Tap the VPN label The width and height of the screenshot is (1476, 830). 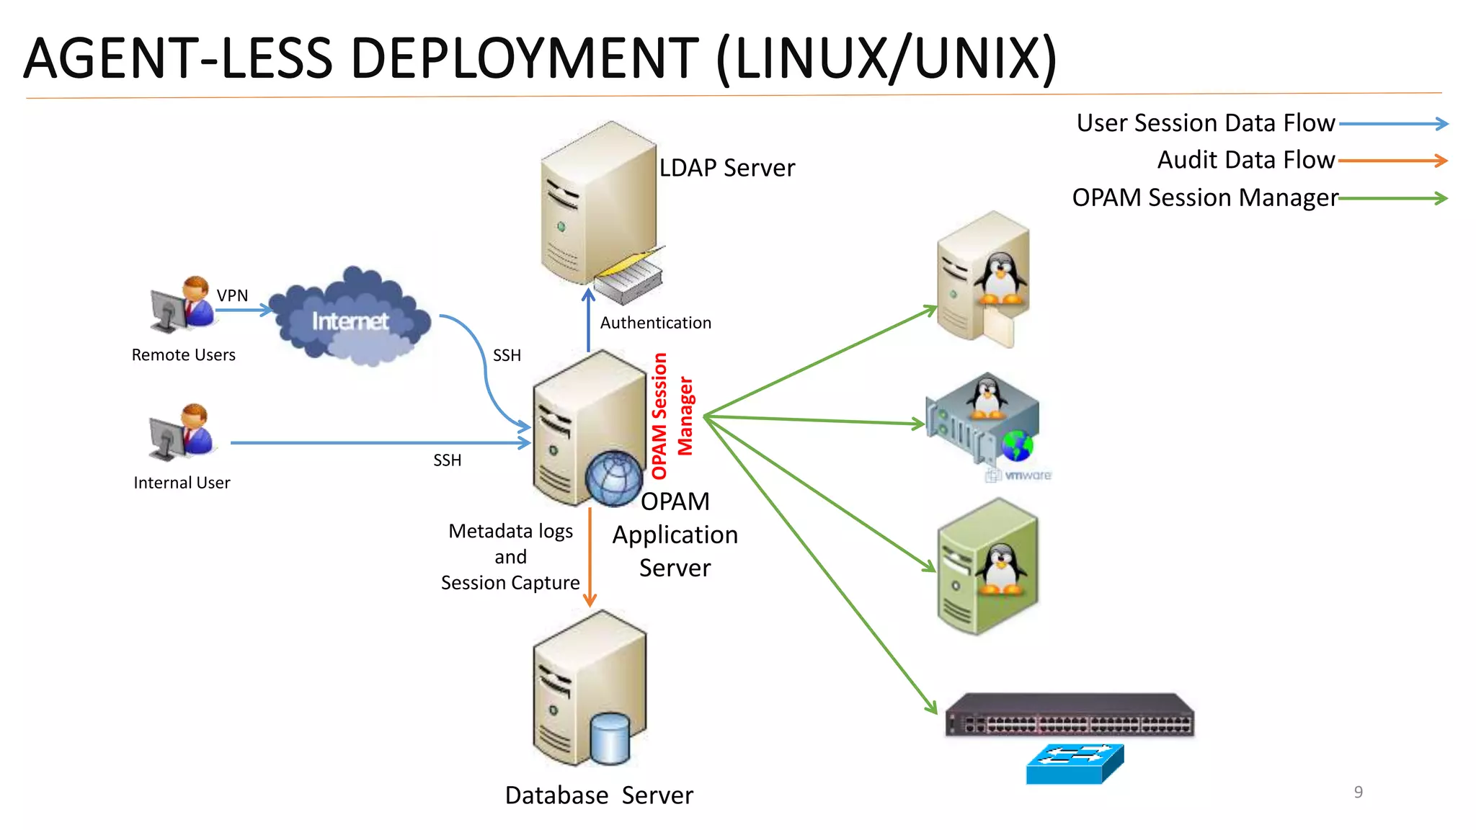tap(232, 295)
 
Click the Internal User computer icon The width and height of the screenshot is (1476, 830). tap(181, 432)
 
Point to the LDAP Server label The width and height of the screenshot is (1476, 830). tap(726, 168)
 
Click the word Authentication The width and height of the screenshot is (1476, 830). tap(655, 323)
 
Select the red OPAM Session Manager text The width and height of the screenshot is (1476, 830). tap(671, 416)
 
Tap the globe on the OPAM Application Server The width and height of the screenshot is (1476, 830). tap(613, 478)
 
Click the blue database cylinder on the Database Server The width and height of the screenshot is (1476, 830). tap(610, 738)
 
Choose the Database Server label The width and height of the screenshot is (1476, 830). tap(599, 795)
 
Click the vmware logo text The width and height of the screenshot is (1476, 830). tap(1027, 476)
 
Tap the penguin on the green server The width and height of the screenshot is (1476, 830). tap(1001, 568)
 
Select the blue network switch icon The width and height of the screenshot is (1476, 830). tap(1075, 764)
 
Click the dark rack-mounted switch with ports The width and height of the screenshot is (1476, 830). tap(1069, 716)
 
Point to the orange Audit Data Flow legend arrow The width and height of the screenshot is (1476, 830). tap(1392, 161)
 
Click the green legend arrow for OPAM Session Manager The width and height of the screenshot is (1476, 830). tap(1392, 198)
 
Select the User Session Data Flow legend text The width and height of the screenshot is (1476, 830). tap(1205, 123)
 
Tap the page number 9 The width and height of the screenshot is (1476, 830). tap(1358, 792)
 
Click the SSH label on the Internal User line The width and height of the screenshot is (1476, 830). tap(447, 460)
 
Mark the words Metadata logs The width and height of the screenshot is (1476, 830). tap(510, 532)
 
